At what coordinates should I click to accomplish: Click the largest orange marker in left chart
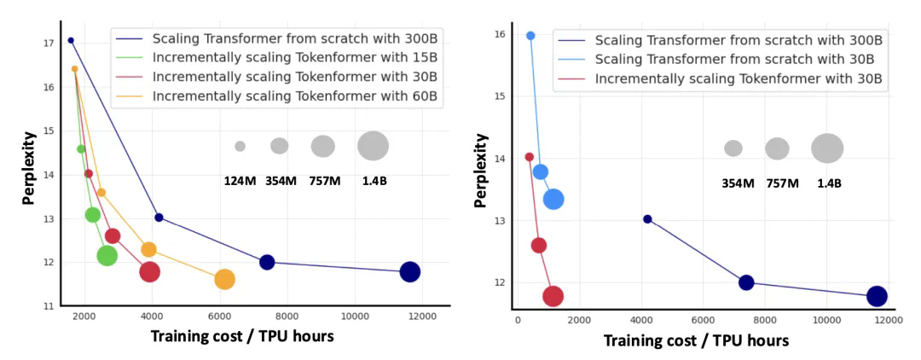tap(224, 279)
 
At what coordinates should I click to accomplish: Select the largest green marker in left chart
tap(107, 255)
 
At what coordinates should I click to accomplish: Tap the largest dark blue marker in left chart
tap(409, 272)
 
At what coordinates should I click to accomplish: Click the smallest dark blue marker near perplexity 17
tap(71, 40)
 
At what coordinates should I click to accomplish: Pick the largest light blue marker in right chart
tap(553, 199)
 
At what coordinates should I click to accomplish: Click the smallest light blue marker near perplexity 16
tap(530, 36)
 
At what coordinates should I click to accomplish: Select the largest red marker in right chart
tap(553, 296)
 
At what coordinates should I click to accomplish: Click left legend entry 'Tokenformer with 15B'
tap(294, 58)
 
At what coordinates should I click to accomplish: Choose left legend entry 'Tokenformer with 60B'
tap(294, 96)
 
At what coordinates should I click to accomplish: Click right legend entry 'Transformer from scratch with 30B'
tap(734, 60)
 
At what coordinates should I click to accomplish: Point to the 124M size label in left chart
tap(240, 181)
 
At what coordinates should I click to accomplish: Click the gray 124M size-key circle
tap(240, 147)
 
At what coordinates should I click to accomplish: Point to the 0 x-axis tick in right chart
tap(517, 320)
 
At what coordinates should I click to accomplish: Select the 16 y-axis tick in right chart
tap(501, 35)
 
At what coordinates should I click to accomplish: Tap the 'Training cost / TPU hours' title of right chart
tap(696, 340)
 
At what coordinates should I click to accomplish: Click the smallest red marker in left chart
tap(89, 174)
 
